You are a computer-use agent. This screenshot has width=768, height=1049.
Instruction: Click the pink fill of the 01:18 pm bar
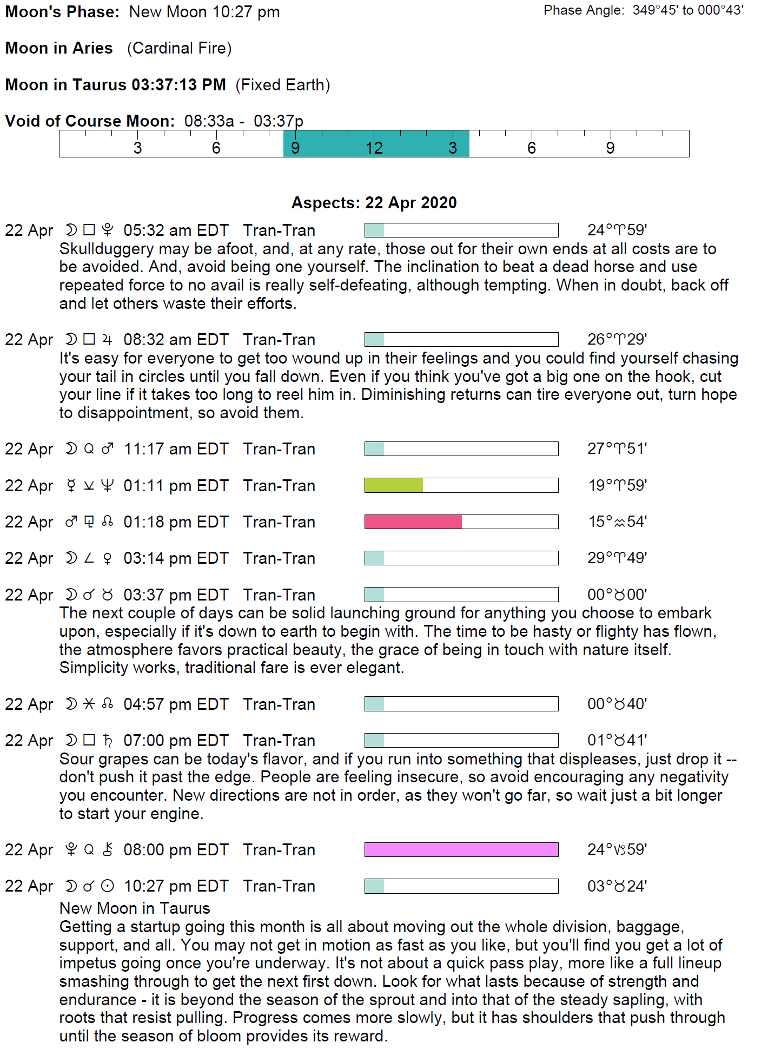[413, 522]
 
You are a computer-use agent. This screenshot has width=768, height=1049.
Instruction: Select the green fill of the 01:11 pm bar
[394, 485]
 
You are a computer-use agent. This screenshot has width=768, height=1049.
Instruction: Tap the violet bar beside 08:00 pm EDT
[461, 849]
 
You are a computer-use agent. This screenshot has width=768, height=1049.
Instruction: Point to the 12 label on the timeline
[374, 148]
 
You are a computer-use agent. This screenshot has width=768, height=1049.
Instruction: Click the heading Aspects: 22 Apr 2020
[374, 203]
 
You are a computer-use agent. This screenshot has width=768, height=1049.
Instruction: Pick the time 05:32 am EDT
[176, 230]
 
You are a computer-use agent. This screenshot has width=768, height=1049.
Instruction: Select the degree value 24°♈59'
[617, 230]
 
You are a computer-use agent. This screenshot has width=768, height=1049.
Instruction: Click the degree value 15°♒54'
[617, 522]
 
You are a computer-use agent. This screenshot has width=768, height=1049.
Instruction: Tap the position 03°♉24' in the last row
[617, 886]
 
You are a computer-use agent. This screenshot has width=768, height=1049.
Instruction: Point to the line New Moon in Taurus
[135, 908]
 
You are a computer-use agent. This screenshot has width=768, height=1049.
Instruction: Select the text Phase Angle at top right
[583, 11]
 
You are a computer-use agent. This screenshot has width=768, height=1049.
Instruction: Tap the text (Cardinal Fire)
[179, 48]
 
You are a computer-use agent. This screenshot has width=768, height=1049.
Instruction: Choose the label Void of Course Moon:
[90, 121]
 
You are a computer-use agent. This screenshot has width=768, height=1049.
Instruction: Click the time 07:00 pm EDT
[176, 741]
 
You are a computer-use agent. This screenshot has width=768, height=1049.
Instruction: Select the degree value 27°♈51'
[617, 449]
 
